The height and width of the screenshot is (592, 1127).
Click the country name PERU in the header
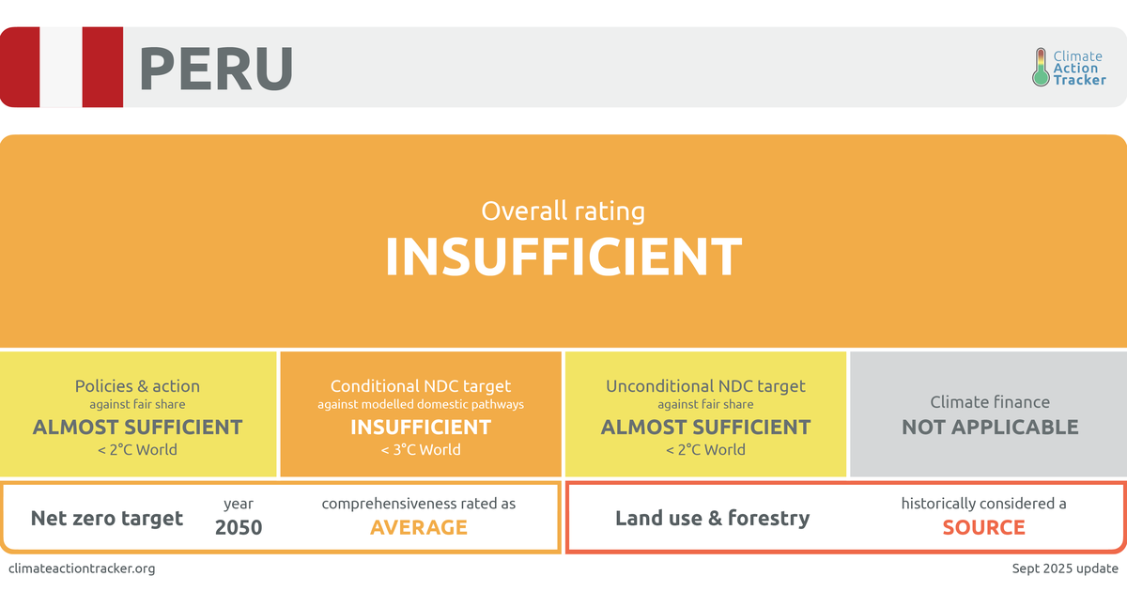tap(215, 69)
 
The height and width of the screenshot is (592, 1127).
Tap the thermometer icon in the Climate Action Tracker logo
tap(1040, 68)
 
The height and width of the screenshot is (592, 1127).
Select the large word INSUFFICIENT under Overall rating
tap(563, 256)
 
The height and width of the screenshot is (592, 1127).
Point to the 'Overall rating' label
tap(563, 210)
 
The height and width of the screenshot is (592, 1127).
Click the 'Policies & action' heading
tap(137, 386)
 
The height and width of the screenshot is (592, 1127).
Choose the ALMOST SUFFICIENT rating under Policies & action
tap(137, 427)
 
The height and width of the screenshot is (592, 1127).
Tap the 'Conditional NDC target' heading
tap(421, 386)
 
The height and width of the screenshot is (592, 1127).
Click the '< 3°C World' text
tap(421, 449)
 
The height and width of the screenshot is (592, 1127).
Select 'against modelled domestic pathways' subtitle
tap(421, 404)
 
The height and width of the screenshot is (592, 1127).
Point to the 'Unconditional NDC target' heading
tap(705, 386)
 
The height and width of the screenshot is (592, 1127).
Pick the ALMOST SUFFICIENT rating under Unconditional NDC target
tap(705, 427)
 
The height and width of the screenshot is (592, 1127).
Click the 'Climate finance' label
tap(990, 402)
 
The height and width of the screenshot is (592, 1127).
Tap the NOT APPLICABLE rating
tap(990, 427)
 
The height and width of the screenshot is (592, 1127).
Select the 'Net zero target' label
tap(107, 518)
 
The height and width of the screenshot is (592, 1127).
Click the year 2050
tap(239, 527)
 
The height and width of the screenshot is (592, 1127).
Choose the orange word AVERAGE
tap(419, 527)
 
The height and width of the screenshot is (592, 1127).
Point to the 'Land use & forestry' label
tap(712, 518)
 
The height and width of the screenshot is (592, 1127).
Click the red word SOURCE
tap(983, 527)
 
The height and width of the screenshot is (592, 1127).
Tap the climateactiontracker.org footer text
tap(82, 569)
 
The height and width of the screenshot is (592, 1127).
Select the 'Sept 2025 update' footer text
tap(1065, 569)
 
